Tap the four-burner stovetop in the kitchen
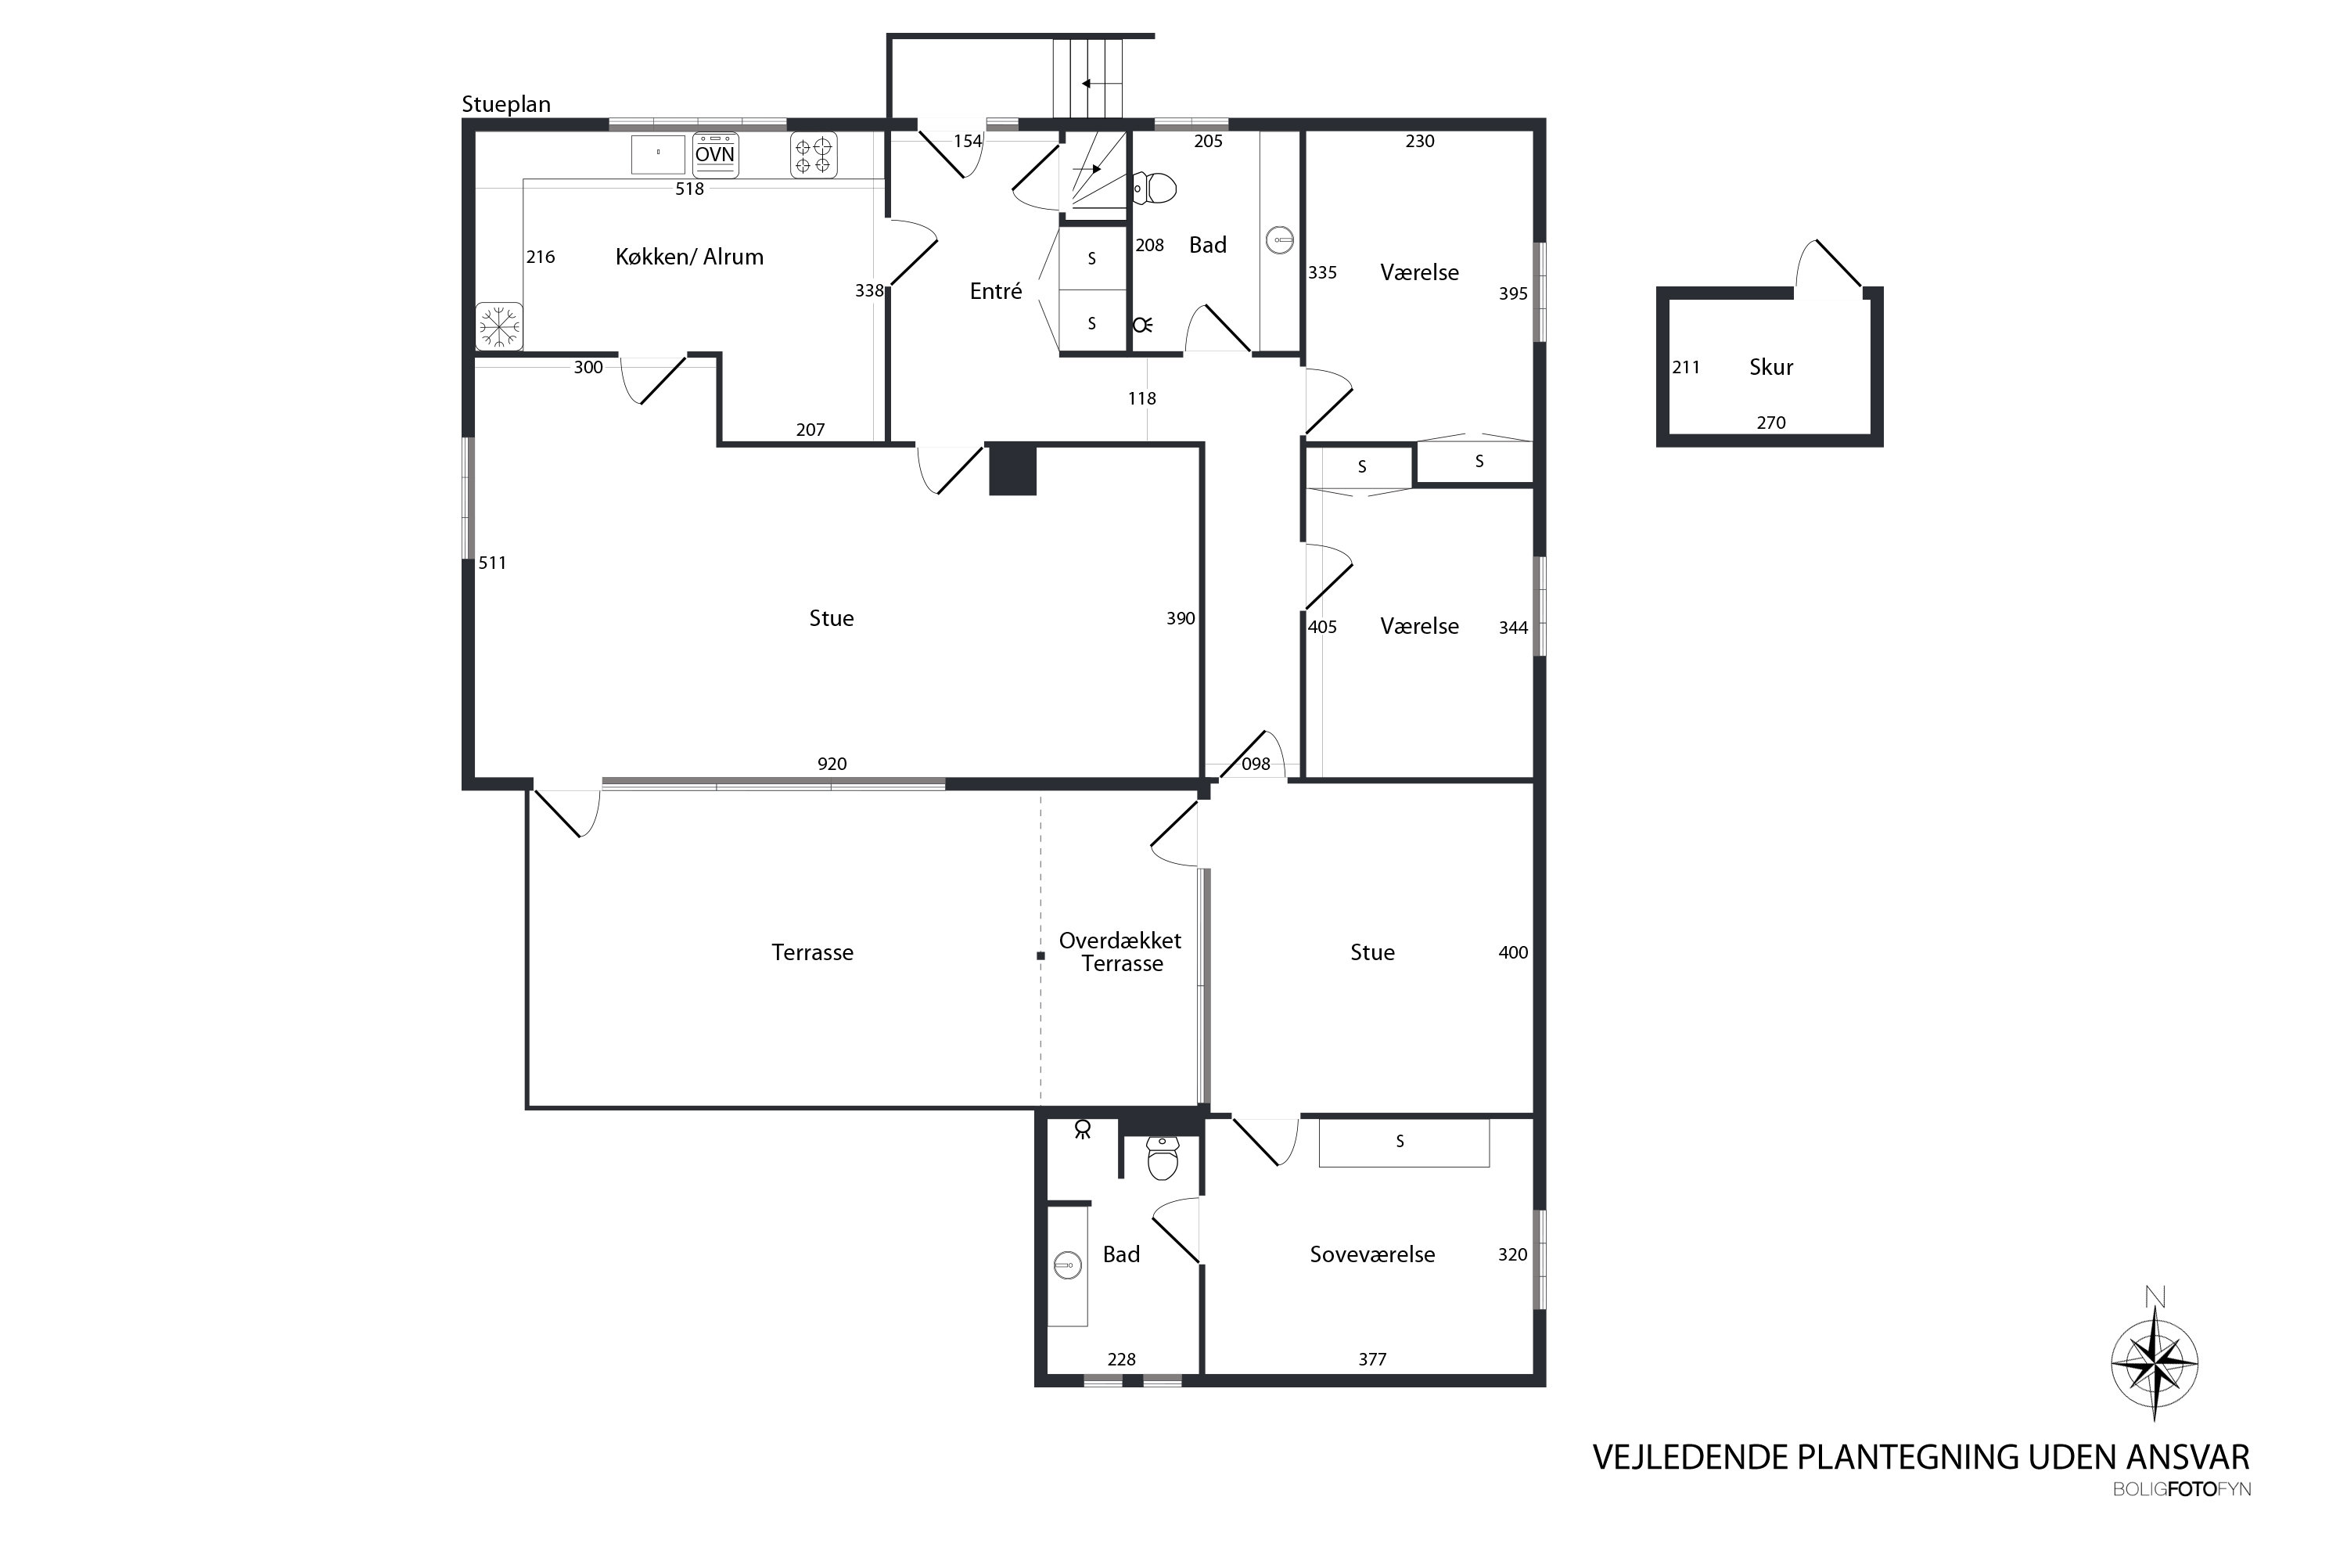[x=814, y=156]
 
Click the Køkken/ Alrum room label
[x=689, y=257]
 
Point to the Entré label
[x=996, y=290]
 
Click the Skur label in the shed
[x=1771, y=367]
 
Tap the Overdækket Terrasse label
[x=1120, y=952]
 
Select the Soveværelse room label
[x=1372, y=1254]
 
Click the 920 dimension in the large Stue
[x=832, y=764]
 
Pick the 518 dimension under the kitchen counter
[x=689, y=189]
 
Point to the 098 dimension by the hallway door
[x=1256, y=764]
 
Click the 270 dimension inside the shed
[x=1771, y=423]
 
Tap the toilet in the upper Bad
[x=1155, y=188]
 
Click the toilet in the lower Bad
[x=1163, y=1158]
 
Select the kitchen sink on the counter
[x=659, y=155]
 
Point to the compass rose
[x=2155, y=1363]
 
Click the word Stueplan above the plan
[x=506, y=105]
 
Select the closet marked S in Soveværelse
[x=1404, y=1142]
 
